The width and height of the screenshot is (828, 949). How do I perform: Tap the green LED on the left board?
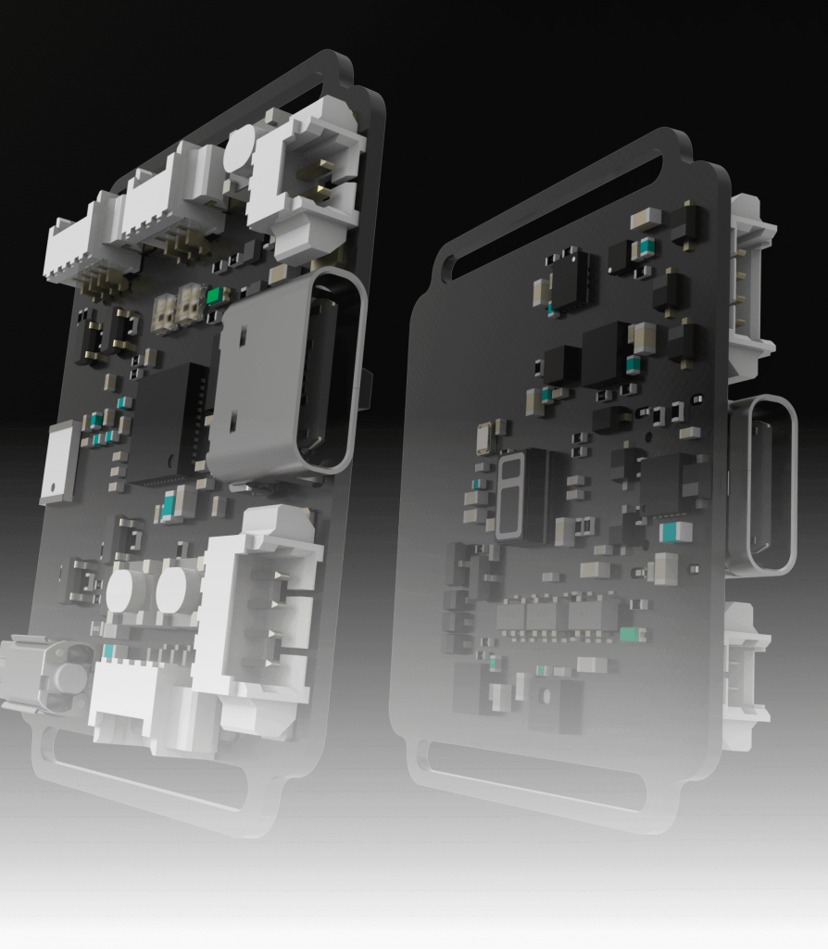click(x=216, y=296)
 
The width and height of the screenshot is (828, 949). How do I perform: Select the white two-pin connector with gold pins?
click(x=306, y=181)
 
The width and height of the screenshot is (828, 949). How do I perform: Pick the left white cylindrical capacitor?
click(x=126, y=592)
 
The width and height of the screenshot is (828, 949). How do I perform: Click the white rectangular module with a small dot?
click(x=60, y=462)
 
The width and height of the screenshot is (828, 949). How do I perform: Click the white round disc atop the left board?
click(x=239, y=148)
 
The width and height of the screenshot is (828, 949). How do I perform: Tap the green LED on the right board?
click(x=633, y=635)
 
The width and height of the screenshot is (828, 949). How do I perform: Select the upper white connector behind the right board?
click(x=750, y=278)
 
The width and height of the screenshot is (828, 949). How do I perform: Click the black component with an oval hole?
click(x=554, y=703)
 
